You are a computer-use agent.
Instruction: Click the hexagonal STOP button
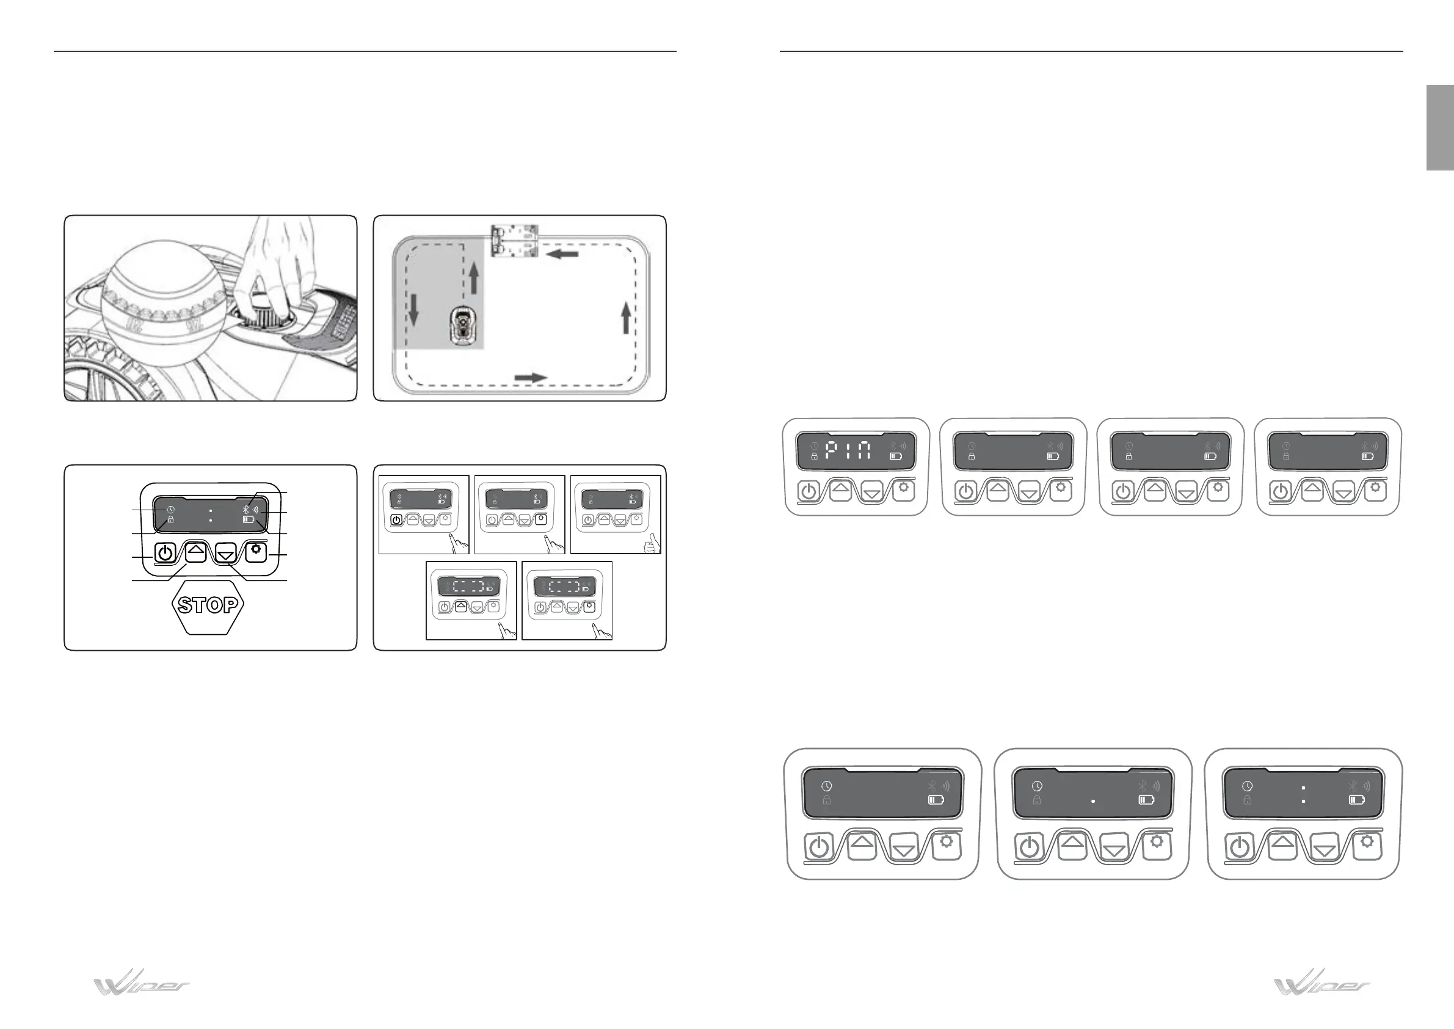point(208,605)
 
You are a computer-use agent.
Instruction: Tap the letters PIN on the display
point(849,451)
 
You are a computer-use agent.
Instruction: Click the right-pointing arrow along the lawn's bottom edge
point(531,378)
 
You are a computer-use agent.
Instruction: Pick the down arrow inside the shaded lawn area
point(413,310)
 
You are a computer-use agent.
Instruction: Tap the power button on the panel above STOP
point(164,552)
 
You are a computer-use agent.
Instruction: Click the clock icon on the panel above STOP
point(171,510)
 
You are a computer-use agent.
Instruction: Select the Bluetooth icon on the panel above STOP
point(246,509)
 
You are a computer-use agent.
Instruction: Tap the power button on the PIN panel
point(809,491)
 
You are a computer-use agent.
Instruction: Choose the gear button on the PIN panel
point(903,489)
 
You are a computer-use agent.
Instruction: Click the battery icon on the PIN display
point(895,456)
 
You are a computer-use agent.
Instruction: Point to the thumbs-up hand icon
point(651,544)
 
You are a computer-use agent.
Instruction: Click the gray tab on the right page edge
point(1439,128)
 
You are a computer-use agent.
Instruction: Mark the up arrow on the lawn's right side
point(626,318)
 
